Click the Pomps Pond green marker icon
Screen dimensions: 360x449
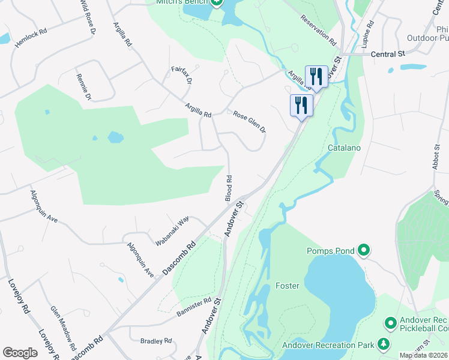(363, 249)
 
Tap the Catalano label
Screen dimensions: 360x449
(343, 147)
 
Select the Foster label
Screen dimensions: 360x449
(287, 286)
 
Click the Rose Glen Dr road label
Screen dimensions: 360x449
(249, 121)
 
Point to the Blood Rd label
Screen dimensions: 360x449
(229, 188)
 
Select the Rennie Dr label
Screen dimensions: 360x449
(83, 87)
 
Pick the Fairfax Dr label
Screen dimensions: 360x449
(182, 75)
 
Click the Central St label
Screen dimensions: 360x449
(388, 54)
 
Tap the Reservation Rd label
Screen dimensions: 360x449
(318, 31)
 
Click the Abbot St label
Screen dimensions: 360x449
(436, 155)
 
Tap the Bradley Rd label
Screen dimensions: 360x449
(156, 341)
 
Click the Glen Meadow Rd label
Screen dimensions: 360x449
(63, 328)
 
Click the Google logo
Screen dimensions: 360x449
(20, 353)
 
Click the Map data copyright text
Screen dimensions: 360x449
(423, 355)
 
